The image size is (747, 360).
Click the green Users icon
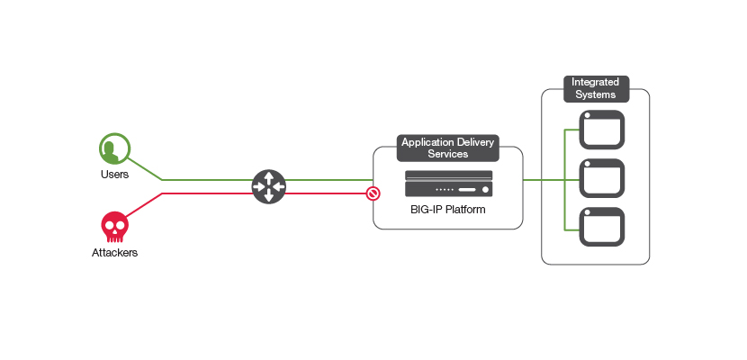click(x=114, y=148)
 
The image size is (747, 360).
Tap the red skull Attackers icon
click(x=113, y=225)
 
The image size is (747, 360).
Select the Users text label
click(x=114, y=174)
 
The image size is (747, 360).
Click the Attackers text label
click(x=114, y=253)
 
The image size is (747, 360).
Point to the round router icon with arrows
click(x=268, y=186)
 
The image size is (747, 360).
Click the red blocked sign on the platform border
click(x=373, y=193)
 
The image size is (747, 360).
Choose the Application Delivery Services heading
click(x=447, y=148)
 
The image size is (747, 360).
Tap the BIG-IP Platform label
click(x=448, y=210)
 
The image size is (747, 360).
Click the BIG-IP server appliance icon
click(x=448, y=184)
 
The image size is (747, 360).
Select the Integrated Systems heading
click(x=594, y=88)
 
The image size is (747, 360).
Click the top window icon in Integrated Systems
click(x=600, y=130)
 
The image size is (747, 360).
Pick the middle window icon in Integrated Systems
click(x=600, y=178)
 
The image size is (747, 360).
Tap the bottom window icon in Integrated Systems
click(x=600, y=227)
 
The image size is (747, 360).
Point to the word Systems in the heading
click(x=594, y=94)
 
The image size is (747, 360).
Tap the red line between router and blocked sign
click(x=324, y=193)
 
